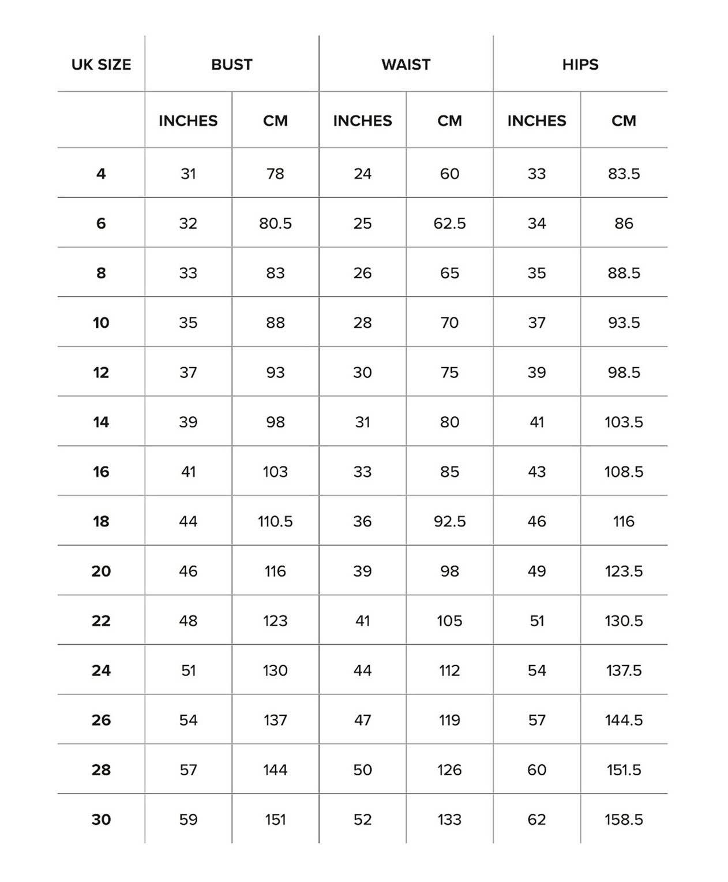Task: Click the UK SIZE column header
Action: pos(101,65)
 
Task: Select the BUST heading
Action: pos(231,65)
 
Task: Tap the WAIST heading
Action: pos(406,65)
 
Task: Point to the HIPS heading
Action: pos(580,65)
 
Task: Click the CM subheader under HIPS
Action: pos(624,121)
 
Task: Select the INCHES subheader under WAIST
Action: pos(362,121)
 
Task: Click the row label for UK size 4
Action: pos(101,174)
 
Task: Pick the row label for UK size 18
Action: pos(101,521)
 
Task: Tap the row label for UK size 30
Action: pos(101,819)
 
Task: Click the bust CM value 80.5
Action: pos(275,223)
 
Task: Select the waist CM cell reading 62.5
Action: pos(449,223)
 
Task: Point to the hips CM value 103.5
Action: pos(624,422)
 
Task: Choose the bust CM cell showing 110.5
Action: pos(275,521)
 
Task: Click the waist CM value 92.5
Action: pos(449,521)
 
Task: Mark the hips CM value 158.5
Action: pos(624,819)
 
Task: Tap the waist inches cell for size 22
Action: pos(362,621)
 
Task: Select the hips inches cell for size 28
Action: pos(536,769)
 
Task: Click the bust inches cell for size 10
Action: pos(188,323)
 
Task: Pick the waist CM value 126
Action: pos(449,769)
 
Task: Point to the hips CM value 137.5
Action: pos(624,670)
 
